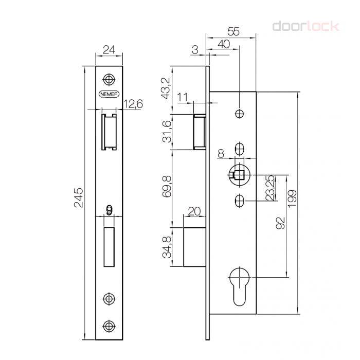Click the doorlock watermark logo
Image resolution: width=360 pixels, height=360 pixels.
point(305,26)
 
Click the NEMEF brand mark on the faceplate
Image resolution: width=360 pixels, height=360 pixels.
point(109,94)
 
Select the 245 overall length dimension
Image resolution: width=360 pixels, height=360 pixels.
point(79,197)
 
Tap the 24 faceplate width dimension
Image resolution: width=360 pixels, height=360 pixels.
point(109,49)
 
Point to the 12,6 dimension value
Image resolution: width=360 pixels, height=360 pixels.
point(133,104)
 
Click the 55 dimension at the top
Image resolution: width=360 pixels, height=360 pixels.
point(233,31)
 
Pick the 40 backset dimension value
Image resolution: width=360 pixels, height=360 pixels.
point(224,44)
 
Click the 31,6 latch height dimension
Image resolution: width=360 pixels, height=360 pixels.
point(167,131)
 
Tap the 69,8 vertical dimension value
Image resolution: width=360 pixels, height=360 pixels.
point(167,186)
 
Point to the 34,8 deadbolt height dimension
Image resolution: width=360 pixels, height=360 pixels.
point(167,247)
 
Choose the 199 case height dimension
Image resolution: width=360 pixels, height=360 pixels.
point(292,199)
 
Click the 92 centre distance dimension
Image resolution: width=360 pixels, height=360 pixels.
point(280,223)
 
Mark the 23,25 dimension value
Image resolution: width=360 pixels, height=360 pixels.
point(271,188)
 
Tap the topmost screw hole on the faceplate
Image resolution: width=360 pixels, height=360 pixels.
point(109,79)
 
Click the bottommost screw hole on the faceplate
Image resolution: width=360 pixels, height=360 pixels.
point(109,326)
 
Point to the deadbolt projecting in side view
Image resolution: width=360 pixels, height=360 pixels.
point(194,247)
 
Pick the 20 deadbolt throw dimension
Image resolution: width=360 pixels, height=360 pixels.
point(194,211)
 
